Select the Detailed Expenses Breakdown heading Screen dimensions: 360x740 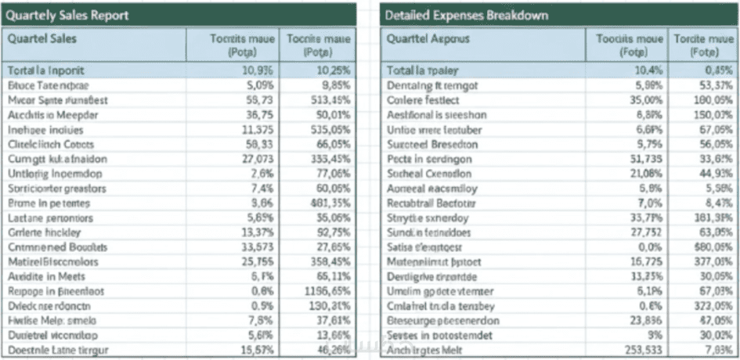467,16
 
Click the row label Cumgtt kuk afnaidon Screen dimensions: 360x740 57,159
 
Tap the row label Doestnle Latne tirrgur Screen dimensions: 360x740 58,349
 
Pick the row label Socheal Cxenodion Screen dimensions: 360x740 430,173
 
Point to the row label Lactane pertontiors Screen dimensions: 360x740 50,218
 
